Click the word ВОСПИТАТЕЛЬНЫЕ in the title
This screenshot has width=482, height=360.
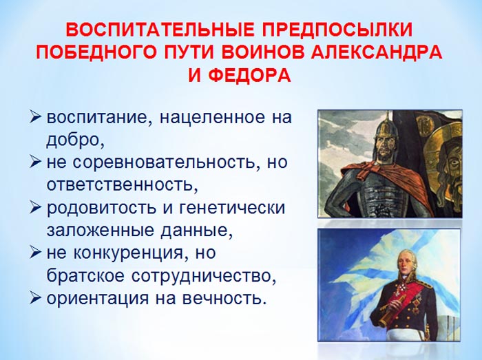click(160, 30)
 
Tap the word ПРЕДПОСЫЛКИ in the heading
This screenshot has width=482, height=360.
click(337, 30)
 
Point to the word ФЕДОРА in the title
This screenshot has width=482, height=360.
click(249, 75)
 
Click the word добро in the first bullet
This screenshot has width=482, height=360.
click(74, 140)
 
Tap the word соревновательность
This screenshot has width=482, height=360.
click(164, 162)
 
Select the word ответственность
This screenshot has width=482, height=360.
click(120, 185)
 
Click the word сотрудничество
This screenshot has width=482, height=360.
click(202, 276)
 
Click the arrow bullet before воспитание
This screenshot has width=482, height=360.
click(35, 117)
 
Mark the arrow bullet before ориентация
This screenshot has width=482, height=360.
click(35, 298)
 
